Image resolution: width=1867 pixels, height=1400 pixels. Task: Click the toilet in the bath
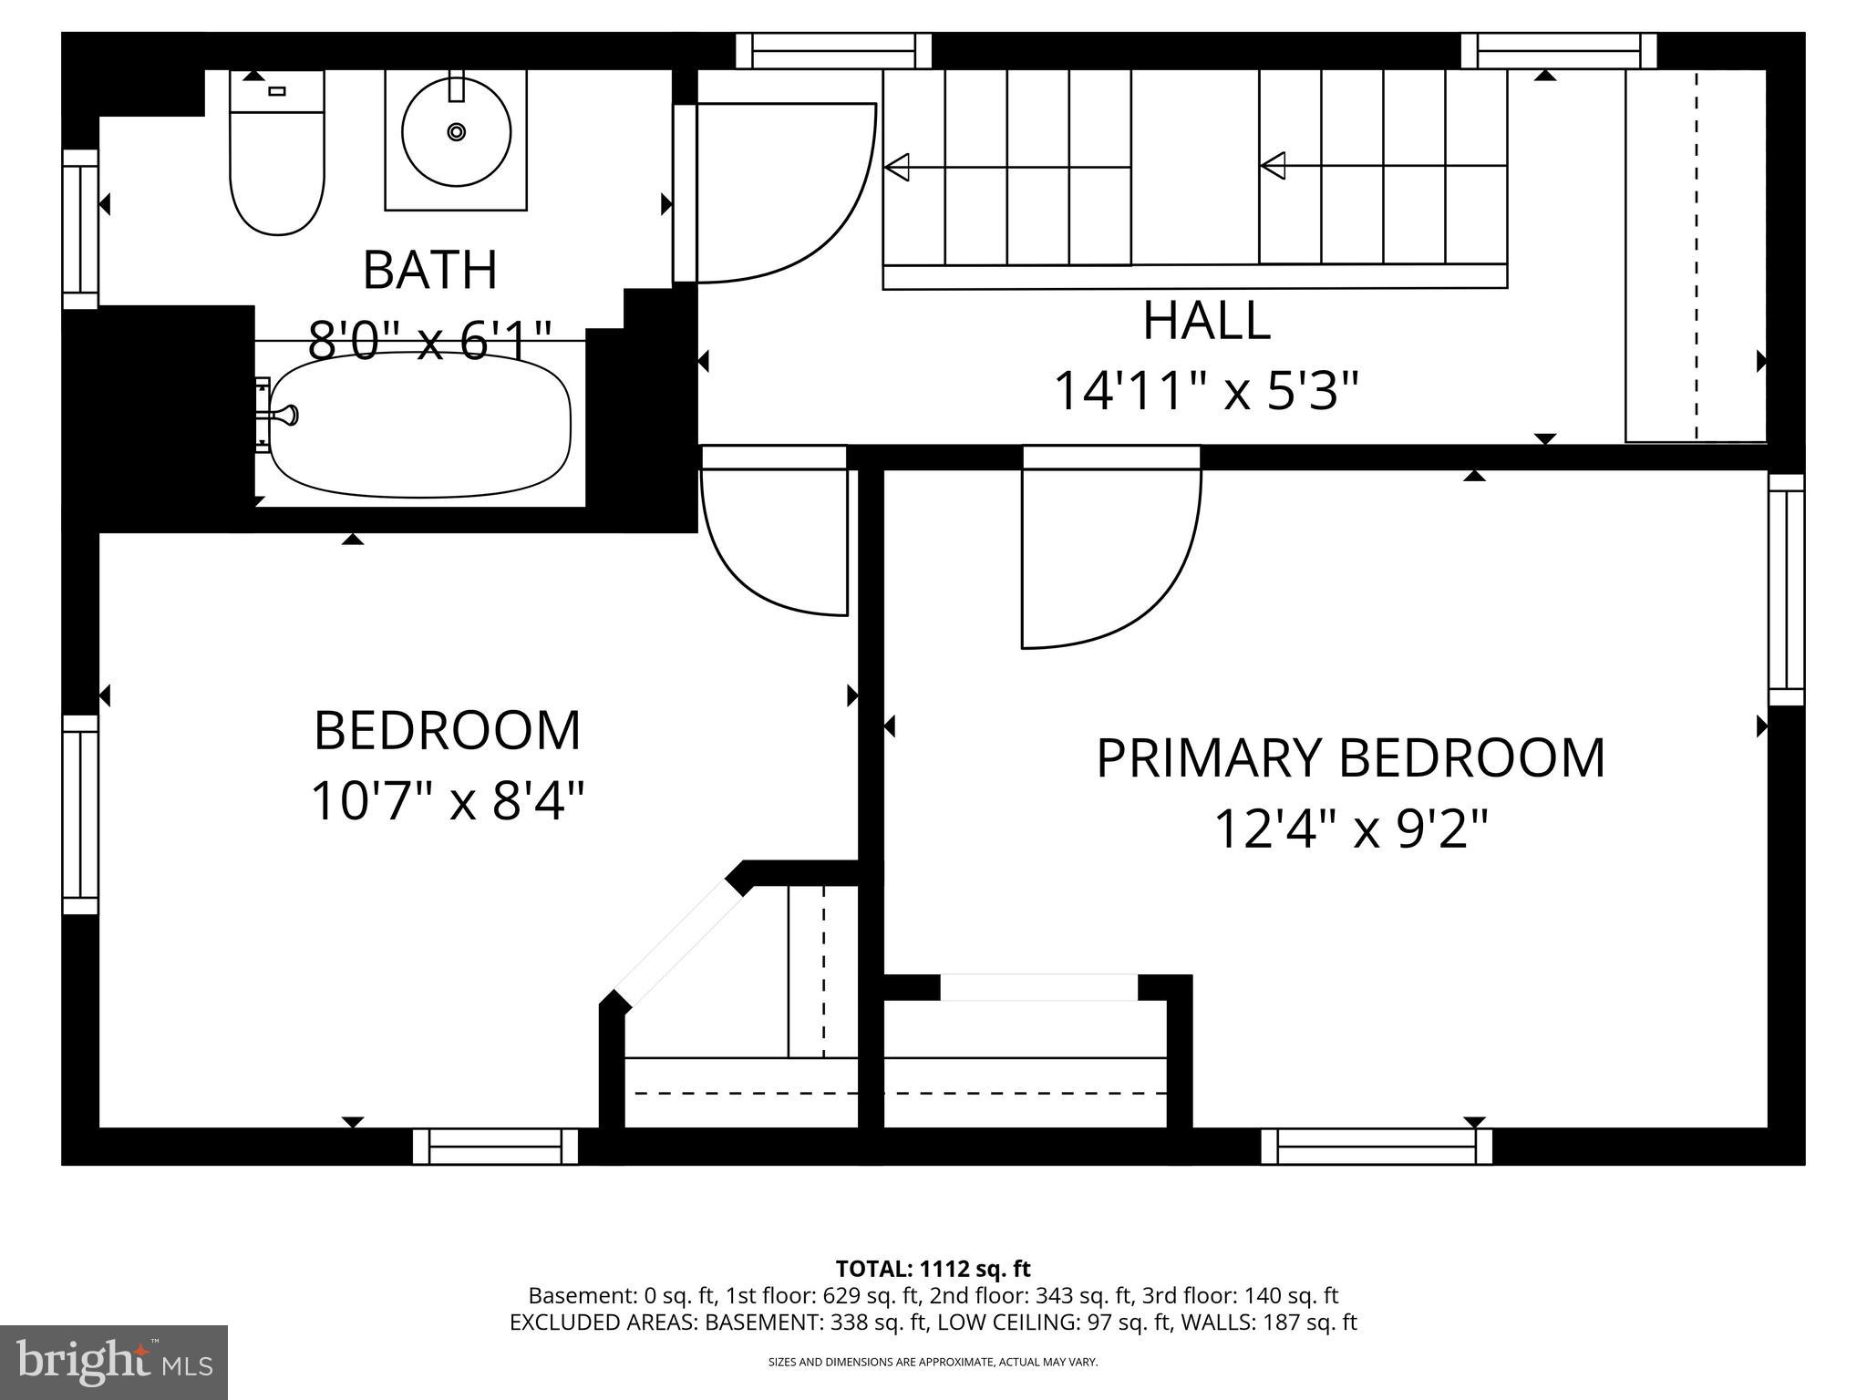277,164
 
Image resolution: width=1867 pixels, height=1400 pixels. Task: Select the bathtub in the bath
420,426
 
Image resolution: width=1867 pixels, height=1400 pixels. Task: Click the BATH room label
429,270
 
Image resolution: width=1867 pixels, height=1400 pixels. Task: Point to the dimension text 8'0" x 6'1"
429,341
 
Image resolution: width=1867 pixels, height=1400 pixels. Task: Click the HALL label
1206,321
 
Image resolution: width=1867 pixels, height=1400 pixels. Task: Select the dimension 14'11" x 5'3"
1206,391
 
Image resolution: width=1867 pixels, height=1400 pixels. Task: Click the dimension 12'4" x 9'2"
1351,829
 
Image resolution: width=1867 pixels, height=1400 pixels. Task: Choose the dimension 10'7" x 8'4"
447,800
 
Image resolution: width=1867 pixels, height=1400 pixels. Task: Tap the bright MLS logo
114,1362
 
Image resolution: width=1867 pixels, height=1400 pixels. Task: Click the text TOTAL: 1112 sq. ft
933,1269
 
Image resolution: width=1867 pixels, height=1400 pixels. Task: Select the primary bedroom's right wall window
1786,590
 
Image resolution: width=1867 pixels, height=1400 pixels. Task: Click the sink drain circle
456,133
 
